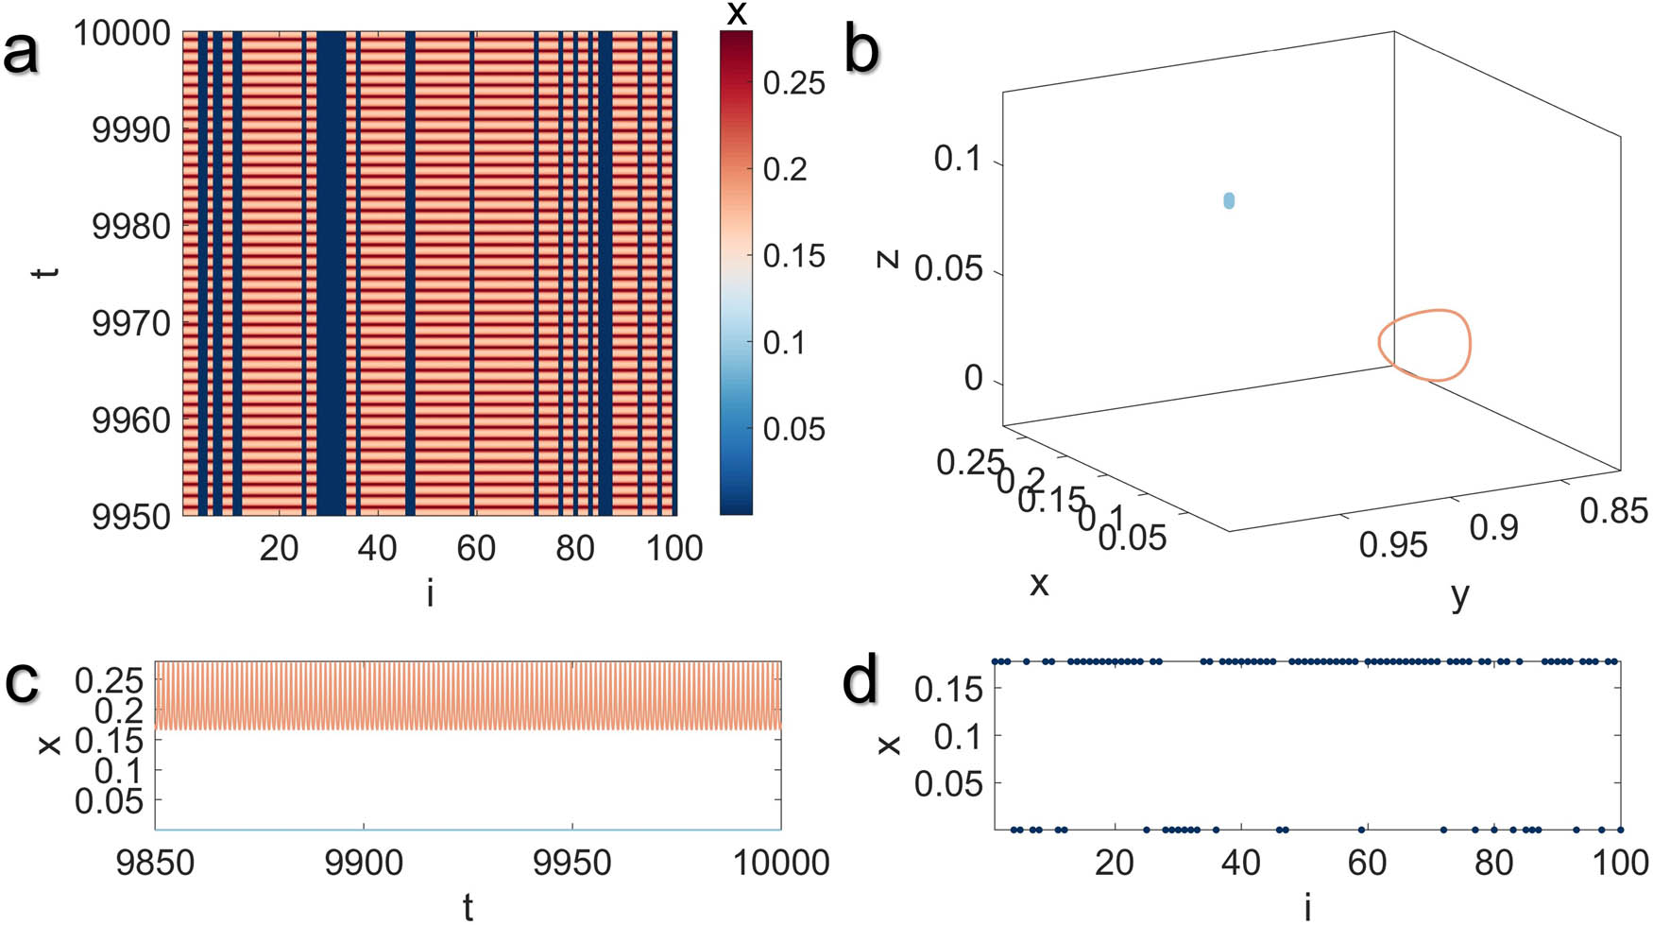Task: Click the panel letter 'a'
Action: pos(22,52)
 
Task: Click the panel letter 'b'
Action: pos(861,49)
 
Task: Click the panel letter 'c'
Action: pos(22,681)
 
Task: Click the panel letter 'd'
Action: pos(860,680)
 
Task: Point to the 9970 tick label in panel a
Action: pos(130,324)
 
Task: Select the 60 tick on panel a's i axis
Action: pos(475,547)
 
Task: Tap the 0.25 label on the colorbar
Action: pos(793,83)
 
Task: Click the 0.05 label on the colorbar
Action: pos(793,429)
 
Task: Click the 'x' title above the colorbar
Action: pos(737,13)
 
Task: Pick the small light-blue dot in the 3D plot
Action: pos(1229,200)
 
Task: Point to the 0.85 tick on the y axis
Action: pos(1613,511)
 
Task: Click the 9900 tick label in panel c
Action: pos(363,863)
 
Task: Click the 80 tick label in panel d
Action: pos(1493,863)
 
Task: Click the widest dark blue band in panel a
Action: pos(331,274)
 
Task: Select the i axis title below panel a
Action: pos(430,593)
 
